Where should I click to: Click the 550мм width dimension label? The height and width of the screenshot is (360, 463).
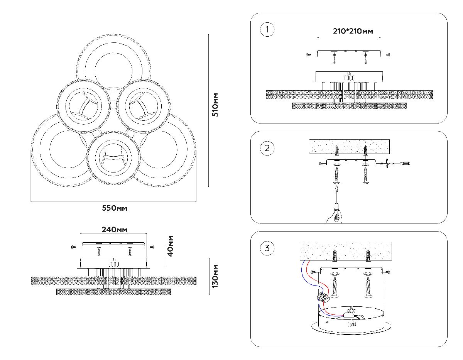pyautogui.click(x=114, y=208)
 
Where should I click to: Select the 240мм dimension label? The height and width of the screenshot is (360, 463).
pyautogui.click(x=114, y=230)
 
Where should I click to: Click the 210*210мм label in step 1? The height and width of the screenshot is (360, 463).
pyautogui.click(x=353, y=31)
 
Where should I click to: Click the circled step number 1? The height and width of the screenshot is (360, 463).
pyautogui.click(x=267, y=30)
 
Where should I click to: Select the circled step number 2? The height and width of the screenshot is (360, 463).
pyautogui.click(x=267, y=148)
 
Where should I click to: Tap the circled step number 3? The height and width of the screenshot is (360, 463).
pyautogui.click(x=267, y=248)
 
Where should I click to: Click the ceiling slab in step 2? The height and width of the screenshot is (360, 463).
pyautogui.click(x=349, y=146)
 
